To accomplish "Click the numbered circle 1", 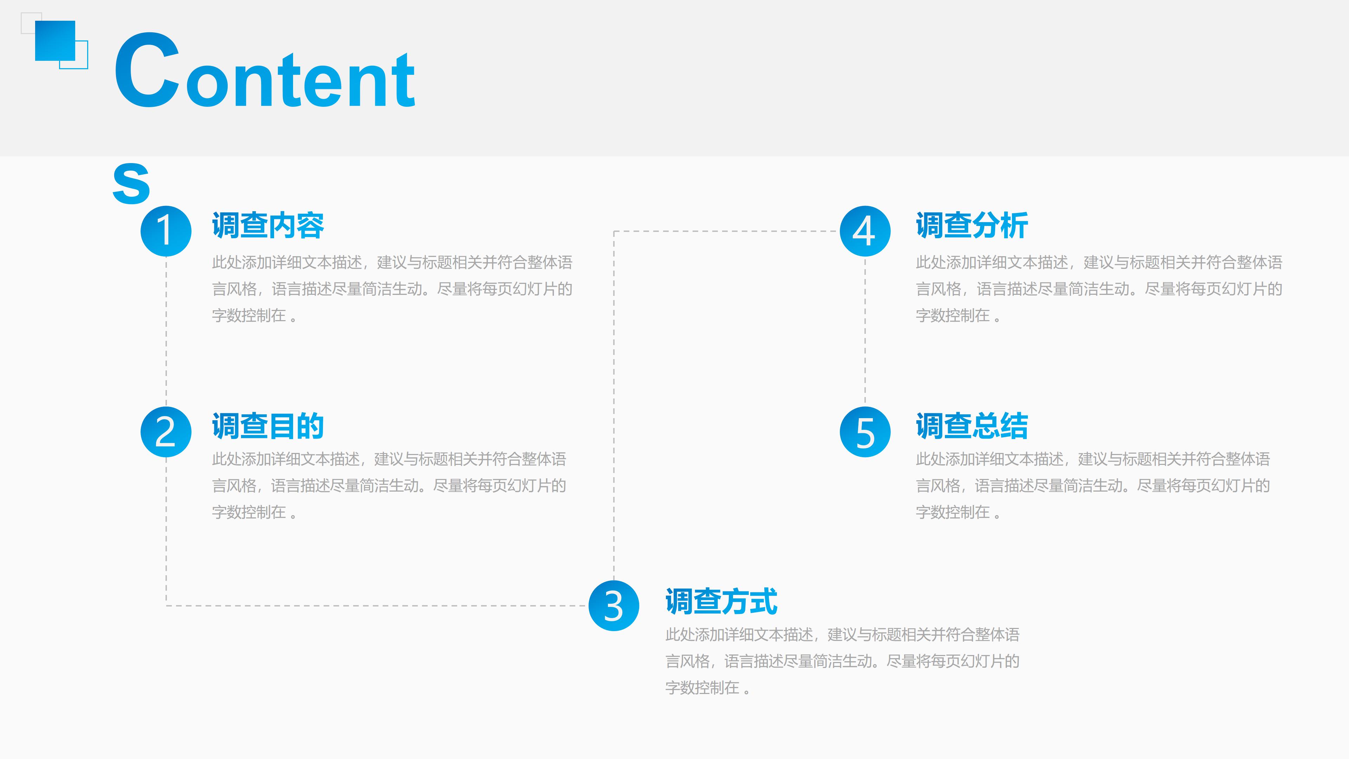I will [166, 231].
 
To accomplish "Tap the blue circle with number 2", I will [166, 432].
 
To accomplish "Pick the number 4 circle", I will [865, 231].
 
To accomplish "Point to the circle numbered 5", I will [865, 432].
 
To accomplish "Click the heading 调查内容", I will [268, 226].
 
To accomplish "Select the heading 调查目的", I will [268, 426].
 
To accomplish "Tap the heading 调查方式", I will [721, 601].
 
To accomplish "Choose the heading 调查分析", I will [972, 226].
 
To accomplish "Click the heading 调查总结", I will [972, 426].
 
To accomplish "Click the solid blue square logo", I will [55, 41].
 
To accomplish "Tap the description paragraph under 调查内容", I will [392, 288].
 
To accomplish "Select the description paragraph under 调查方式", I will [842, 661].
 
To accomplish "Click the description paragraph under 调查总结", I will [1093, 486].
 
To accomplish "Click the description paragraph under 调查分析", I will [1099, 288].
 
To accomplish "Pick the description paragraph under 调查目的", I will [389, 486].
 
